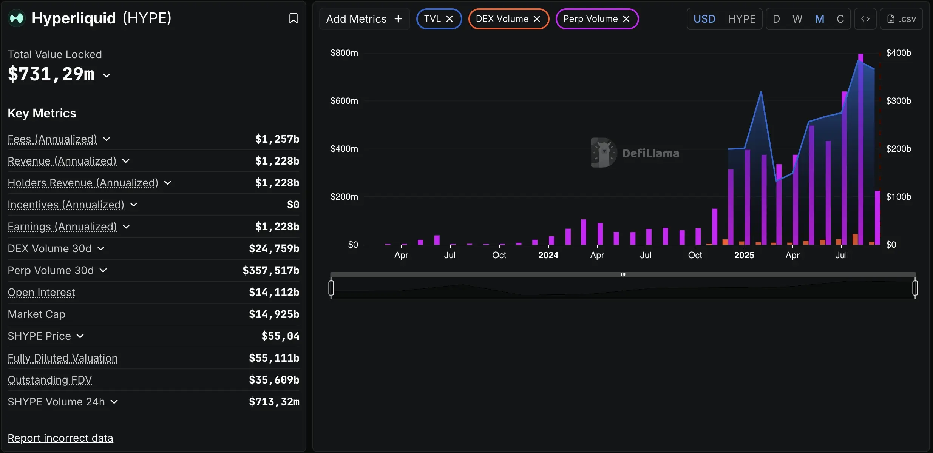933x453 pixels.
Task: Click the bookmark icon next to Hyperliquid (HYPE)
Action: click(293, 18)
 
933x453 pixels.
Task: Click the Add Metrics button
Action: click(364, 19)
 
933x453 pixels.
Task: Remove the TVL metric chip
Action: click(450, 19)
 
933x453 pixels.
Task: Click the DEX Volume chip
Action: click(502, 19)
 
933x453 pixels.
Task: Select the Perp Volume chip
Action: click(590, 19)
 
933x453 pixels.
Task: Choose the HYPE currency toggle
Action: click(741, 19)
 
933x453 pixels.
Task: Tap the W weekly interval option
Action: click(797, 19)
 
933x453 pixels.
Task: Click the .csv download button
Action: click(901, 19)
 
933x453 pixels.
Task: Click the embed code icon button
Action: click(865, 19)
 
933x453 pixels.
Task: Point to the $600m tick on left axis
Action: click(344, 101)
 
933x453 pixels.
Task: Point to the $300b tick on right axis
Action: click(898, 101)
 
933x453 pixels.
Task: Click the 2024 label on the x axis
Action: click(548, 255)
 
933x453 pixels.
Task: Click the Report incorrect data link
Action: click(60, 438)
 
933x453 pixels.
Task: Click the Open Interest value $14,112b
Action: click(274, 292)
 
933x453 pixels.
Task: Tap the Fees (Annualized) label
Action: click(53, 139)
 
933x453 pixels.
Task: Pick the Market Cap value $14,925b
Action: click(274, 314)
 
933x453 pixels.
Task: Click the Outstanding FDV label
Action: click(50, 380)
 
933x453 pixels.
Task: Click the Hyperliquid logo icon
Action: click(17, 18)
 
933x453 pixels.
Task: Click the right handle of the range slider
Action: click(915, 288)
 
